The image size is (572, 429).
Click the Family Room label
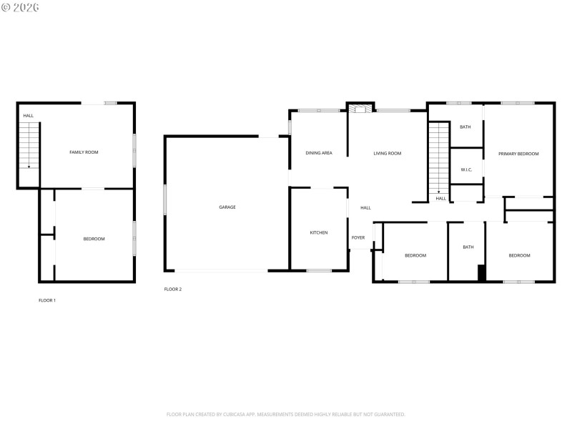[x=84, y=152]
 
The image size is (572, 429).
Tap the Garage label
[x=227, y=207]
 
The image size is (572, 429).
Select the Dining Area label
[x=319, y=153]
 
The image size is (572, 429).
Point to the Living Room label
[x=388, y=153]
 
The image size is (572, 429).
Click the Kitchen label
[x=319, y=233]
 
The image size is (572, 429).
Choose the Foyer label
[x=358, y=237]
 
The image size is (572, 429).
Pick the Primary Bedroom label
[x=518, y=154]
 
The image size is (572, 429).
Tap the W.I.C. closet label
[x=466, y=169]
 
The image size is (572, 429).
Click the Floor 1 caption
[x=47, y=300]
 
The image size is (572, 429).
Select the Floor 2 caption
[x=173, y=289]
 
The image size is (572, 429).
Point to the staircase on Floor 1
[x=29, y=145]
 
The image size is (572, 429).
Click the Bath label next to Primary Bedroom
[x=465, y=127]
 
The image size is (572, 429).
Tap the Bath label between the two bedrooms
[x=468, y=247]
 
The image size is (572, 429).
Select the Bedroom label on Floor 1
[x=94, y=239]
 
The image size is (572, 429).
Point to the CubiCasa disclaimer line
[x=286, y=414]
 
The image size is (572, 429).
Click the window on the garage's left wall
[x=164, y=199]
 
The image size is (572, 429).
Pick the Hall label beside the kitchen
[x=365, y=208]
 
